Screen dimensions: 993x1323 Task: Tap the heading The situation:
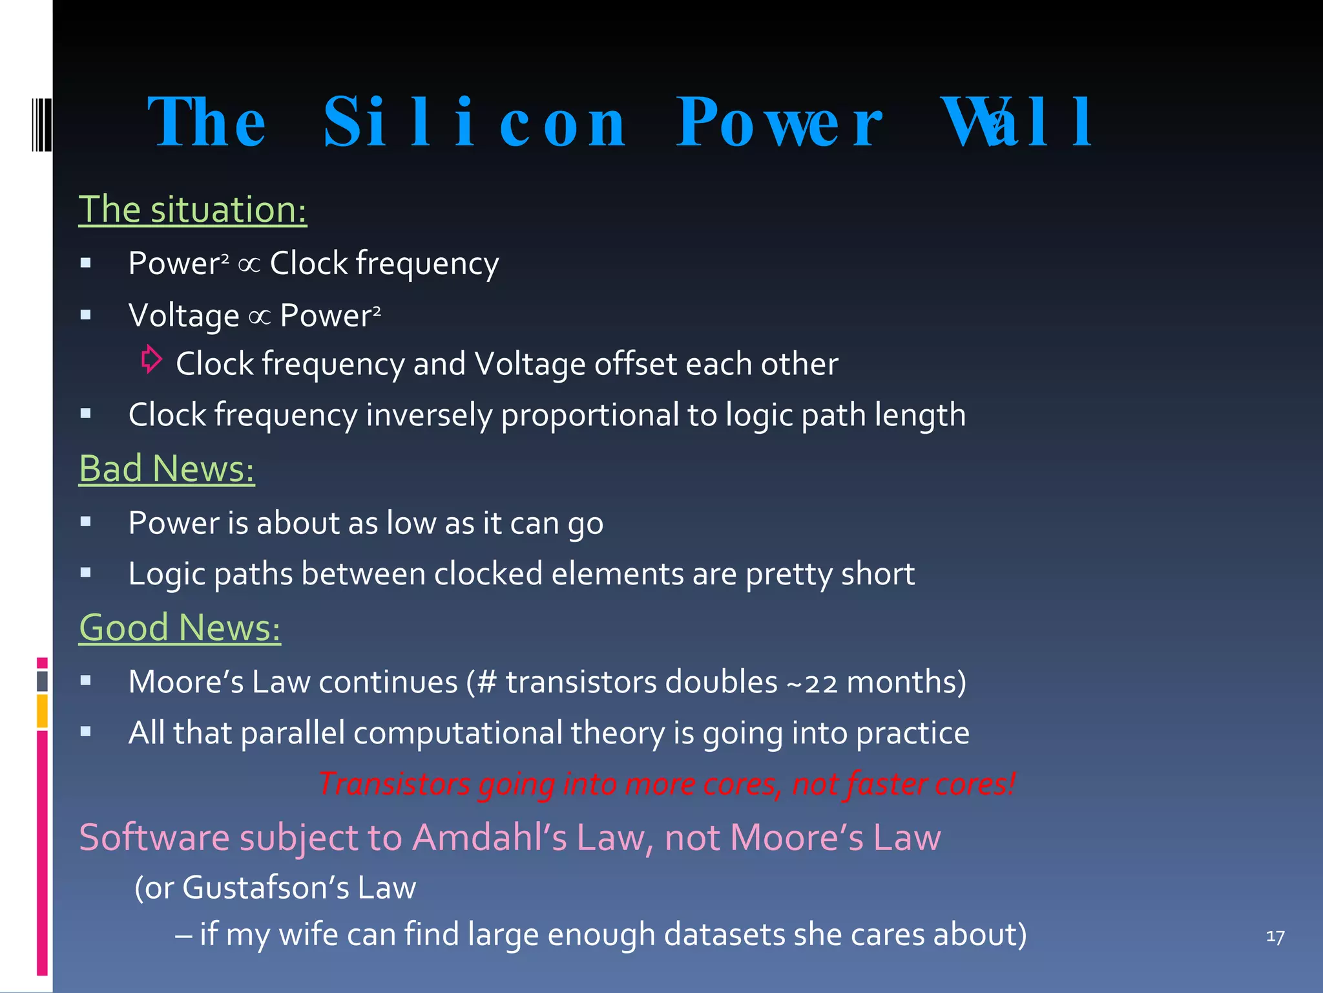(x=193, y=209)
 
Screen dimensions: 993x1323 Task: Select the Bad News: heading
(x=167, y=469)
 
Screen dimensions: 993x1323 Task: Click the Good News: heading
(x=180, y=628)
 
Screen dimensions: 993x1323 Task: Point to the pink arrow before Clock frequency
(x=152, y=359)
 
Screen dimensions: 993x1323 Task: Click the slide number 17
(x=1275, y=937)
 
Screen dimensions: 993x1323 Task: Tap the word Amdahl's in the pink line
(x=489, y=838)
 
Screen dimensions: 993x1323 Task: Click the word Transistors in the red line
(x=394, y=784)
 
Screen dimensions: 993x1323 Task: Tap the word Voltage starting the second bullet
(x=183, y=316)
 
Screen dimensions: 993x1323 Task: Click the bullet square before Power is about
(x=85, y=521)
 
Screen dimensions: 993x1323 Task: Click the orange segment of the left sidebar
(x=42, y=710)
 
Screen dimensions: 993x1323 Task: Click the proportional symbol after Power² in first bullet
(x=249, y=264)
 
